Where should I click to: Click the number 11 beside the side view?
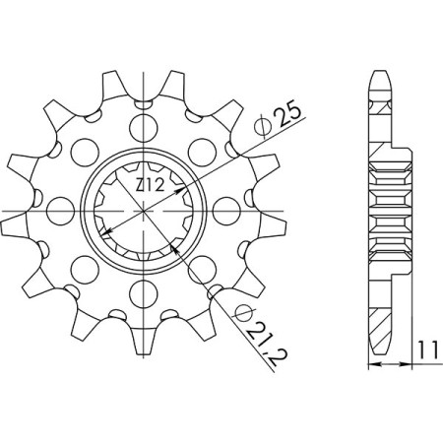point(425,348)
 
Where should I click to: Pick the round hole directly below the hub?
point(145,291)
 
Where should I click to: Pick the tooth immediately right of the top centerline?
point(177,84)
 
